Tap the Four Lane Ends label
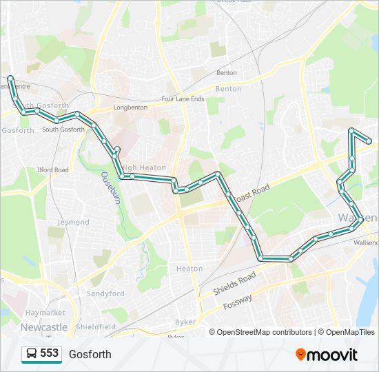click(183, 99)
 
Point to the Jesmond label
click(74, 222)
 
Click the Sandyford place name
click(105, 293)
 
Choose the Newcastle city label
click(44, 327)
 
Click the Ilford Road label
click(53, 169)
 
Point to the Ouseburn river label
click(110, 187)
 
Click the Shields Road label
click(234, 283)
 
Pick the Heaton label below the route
click(189, 269)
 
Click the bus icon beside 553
click(32, 354)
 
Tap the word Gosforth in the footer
click(90, 355)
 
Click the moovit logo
click(327, 355)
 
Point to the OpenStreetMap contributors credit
click(260, 332)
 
